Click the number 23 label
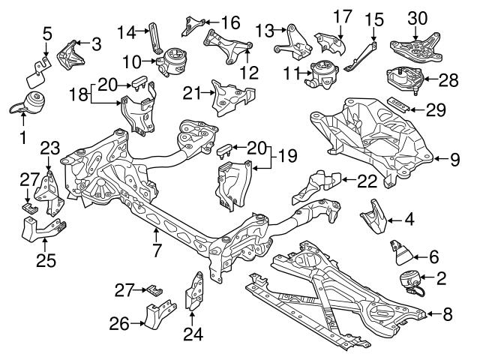coord(49,147)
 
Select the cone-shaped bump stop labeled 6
coord(403,250)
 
